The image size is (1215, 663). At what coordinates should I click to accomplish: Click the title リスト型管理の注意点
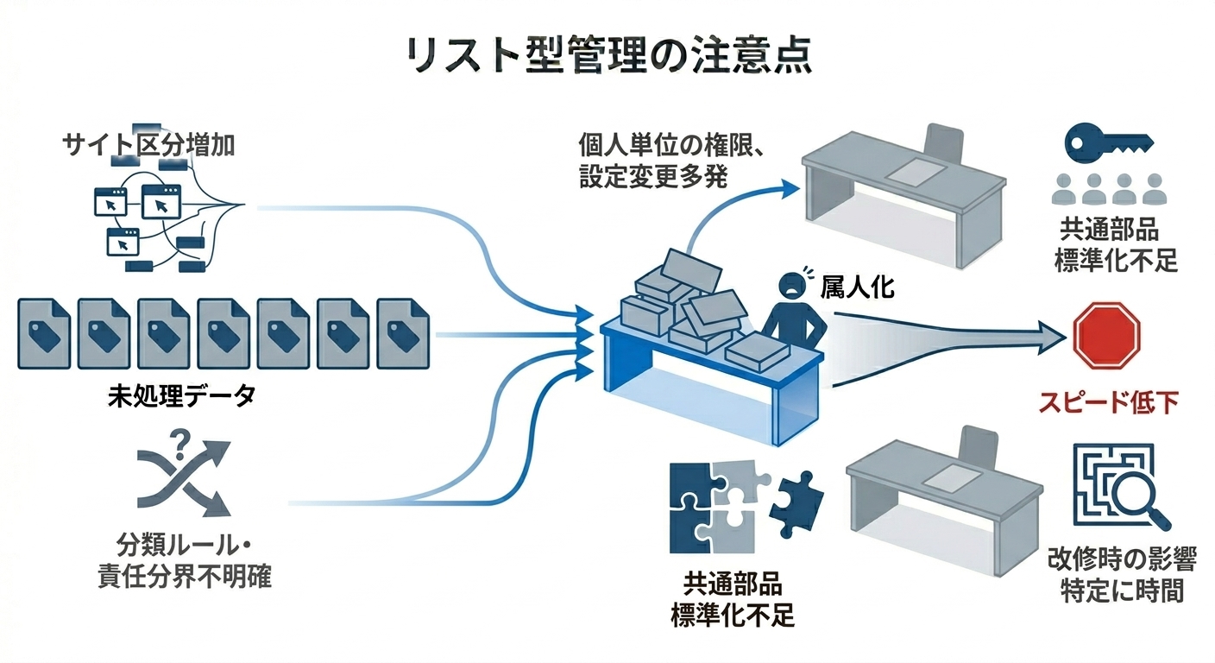[607, 56]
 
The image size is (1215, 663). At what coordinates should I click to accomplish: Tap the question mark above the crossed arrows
[181, 444]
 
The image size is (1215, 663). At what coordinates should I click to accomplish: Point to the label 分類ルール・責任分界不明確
[184, 560]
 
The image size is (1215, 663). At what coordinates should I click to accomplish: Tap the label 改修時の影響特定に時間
[1122, 575]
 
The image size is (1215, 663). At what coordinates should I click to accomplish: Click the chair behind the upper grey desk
[942, 144]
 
